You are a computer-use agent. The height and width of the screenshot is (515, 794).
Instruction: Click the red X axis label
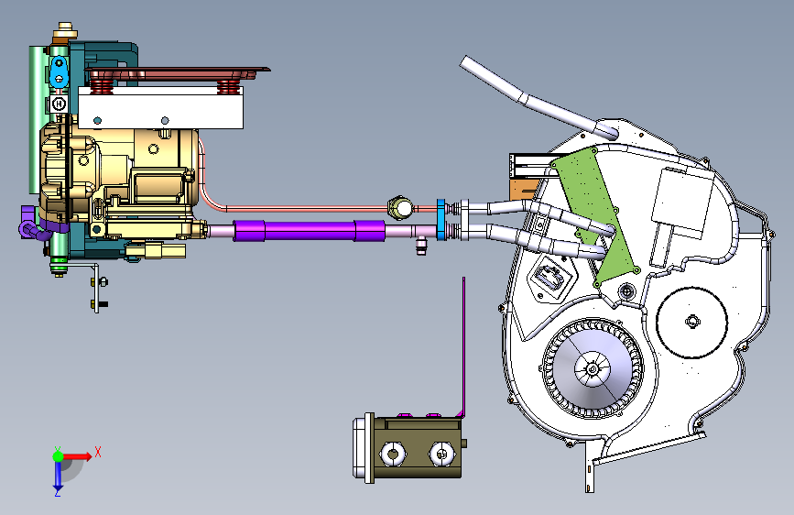[98, 452]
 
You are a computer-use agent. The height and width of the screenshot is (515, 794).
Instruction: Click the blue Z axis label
[57, 492]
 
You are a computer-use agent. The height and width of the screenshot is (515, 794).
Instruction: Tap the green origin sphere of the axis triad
[58, 456]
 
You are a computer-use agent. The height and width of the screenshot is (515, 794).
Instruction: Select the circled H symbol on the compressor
[60, 104]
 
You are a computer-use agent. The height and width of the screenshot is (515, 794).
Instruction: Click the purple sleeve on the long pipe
[309, 231]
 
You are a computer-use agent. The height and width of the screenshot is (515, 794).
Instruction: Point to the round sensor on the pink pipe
[400, 208]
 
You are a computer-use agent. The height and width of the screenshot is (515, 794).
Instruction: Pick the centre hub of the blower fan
[593, 368]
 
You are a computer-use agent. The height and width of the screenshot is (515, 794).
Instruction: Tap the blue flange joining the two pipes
[441, 220]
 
